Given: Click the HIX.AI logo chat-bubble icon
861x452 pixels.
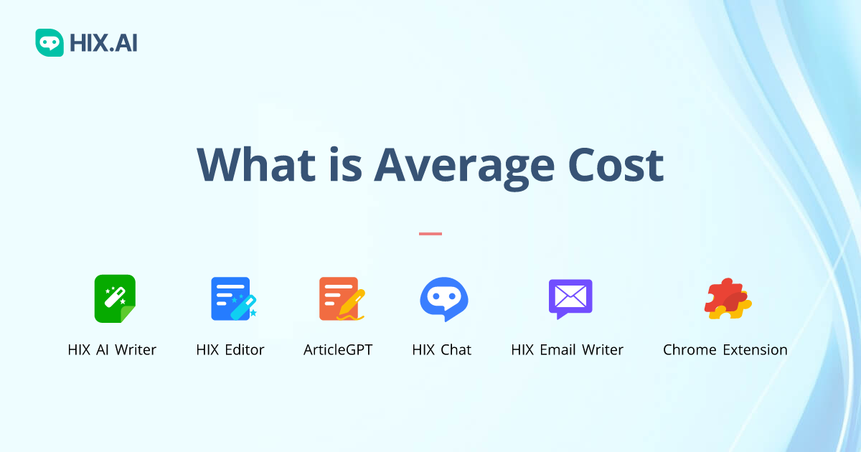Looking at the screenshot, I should click(x=50, y=43).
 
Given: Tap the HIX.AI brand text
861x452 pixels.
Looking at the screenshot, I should click(x=103, y=44).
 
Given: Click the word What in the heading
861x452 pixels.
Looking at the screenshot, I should click(x=255, y=165).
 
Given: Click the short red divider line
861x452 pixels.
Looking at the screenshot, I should click(x=430, y=233).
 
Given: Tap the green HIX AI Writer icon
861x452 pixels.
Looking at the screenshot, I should click(x=115, y=298).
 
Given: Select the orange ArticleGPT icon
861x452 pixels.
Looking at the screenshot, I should click(x=339, y=298).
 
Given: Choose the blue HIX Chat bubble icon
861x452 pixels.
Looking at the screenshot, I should click(x=443, y=298).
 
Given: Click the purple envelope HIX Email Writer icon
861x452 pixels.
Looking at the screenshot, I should click(x=570, y=298).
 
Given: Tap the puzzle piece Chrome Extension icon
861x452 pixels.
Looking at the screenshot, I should click(x=727, y=298).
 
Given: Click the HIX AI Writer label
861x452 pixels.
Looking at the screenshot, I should click(x=112, y=350).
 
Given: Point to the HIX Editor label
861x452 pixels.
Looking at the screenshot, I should click(x=230, y=350).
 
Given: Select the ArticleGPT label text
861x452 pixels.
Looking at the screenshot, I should click(x=338, y=350).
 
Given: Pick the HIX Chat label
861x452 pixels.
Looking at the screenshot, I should click(x=442, y=350).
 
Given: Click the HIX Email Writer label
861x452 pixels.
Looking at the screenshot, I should click(x=567, y=350).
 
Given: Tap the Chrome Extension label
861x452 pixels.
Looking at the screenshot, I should click(x=725, y=350).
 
